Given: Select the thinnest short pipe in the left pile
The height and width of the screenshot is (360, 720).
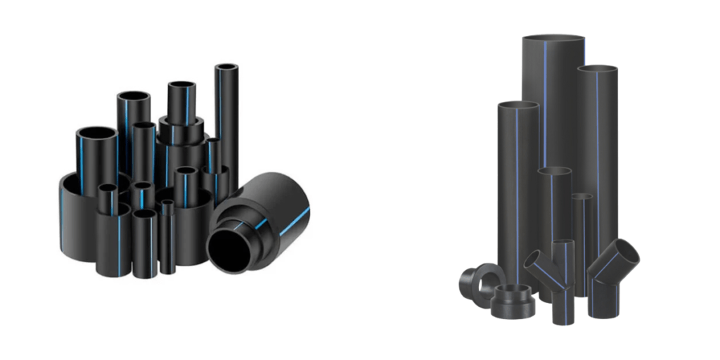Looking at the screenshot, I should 167,239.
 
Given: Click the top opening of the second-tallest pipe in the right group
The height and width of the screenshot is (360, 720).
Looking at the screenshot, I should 598,69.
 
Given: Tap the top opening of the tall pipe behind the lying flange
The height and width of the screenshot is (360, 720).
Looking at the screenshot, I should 517,106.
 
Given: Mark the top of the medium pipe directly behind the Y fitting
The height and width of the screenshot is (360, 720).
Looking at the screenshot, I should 554,171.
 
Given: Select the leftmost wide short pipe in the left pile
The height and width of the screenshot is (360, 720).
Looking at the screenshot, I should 77,218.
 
